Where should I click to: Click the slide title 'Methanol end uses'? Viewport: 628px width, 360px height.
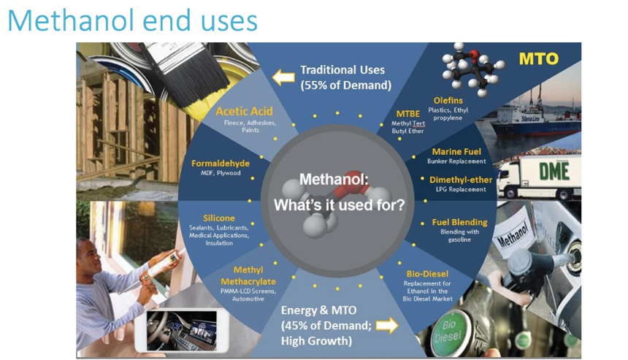click(x=133, y=20)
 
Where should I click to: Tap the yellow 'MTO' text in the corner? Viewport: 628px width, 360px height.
click(x=538, y=59)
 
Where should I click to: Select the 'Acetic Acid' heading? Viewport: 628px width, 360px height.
click(x=245, y=111)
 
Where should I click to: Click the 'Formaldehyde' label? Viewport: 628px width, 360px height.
click(x=221, y=164)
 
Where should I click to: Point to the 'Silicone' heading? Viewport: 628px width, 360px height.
click(x=218, y=218)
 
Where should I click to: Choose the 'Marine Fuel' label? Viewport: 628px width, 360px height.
click(x=456, y=152)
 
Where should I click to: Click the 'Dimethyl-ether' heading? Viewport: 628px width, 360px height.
click(x=461, y=180)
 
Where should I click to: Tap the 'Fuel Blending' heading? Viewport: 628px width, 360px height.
click(x=459, y=222)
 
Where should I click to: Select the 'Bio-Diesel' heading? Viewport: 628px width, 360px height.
click(x=427, y=274)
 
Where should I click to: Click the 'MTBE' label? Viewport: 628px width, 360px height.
click(x=408, y=114)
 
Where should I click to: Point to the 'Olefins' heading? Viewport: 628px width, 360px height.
click(x=448, y=101)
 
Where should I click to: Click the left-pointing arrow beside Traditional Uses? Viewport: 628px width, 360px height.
click(x=283, y=77)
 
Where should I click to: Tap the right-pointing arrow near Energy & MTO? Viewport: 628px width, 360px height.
click(x=387, y=325)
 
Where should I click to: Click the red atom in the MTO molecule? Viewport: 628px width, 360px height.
click(x=474, y=55)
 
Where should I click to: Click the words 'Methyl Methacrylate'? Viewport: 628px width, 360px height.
click(x=248, y=276)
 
